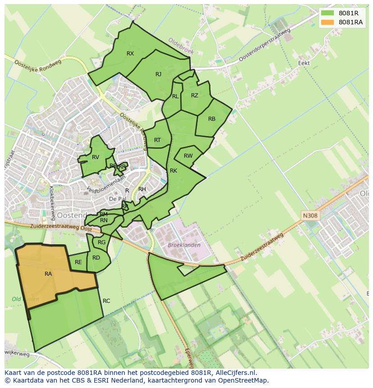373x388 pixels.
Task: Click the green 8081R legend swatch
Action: coord(328,13)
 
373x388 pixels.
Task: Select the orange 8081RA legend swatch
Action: coord(328,22)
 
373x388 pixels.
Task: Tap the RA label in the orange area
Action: coord(48,274)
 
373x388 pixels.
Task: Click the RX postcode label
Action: coord(130,54)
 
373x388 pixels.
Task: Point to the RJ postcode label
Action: coord(158,74)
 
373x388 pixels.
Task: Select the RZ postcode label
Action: coord(195,96)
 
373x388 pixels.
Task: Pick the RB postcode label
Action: coord(212,119)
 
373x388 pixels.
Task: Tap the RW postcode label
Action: coord(188,156)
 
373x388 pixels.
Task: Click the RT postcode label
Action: coord(157,140)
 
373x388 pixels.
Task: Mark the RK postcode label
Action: coord(173,171)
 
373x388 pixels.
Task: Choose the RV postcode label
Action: coord(96,157)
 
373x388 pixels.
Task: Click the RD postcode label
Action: coord(96,258)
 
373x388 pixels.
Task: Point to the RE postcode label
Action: coord(78,262)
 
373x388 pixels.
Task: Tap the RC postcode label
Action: coord(106,301)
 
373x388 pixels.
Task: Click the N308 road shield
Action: coord(310,216)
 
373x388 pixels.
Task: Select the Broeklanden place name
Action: coord(184,245)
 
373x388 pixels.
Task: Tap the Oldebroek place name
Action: coord(181,46)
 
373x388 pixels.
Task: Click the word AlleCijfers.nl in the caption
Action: coord(234,373)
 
